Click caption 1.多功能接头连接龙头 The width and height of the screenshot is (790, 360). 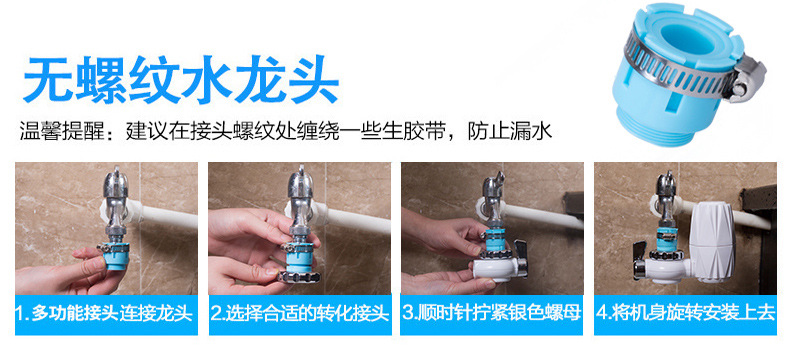pos(104,312)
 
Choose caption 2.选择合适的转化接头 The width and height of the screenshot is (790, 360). pos(298,312)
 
